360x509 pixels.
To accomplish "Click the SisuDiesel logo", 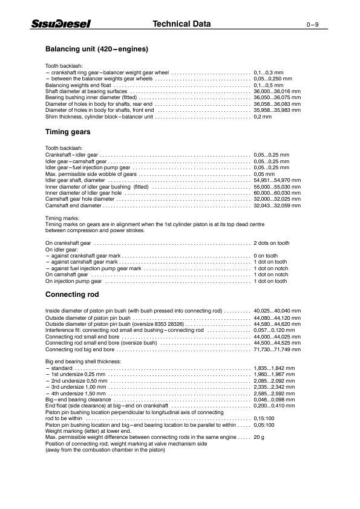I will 61,24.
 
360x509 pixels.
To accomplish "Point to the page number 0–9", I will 312,25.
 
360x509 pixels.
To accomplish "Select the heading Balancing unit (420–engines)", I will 97,48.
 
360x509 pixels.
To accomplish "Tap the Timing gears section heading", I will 68,131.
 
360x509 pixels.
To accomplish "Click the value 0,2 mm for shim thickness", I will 263,117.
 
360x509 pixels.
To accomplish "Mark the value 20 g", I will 259,436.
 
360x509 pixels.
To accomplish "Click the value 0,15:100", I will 264,418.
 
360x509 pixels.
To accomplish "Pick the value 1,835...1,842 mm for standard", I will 274,368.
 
